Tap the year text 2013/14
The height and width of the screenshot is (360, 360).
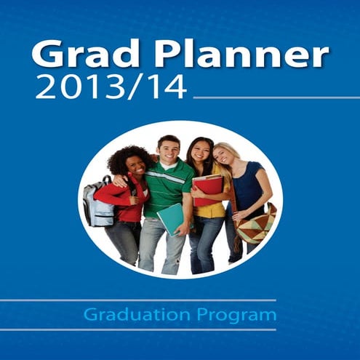[x=109, y=87]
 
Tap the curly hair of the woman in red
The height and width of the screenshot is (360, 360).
[x=124, y=156]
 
